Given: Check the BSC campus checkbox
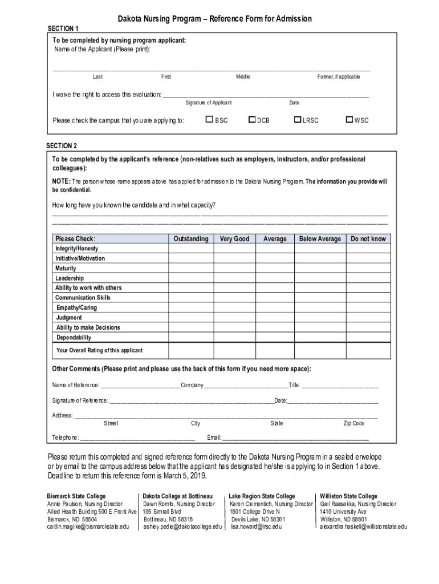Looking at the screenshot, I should click(209, 120).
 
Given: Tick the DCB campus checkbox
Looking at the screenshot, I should click(252, 120).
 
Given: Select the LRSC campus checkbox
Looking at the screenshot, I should click(297, 120).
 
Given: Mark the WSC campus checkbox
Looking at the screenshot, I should click(350, 120).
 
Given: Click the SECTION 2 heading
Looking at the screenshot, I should click(62, 146).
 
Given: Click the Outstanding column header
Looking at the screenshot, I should click(191, 239).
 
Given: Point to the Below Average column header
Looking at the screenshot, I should click(320, 239).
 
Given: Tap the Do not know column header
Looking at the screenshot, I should click(368, 239).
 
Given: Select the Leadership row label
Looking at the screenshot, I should click(70, 278).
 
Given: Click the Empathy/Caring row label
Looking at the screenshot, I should click(76, 308).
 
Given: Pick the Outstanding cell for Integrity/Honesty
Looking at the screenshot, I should click(191, 249).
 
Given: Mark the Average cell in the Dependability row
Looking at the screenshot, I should click(275, 338).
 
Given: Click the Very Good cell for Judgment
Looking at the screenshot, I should click(234, 318).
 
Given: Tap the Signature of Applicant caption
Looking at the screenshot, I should click(209, 103).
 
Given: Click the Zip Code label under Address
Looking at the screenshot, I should click(353, 424).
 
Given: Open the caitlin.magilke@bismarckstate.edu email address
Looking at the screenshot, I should click(88, 527).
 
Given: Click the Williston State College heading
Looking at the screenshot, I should click(348, 496).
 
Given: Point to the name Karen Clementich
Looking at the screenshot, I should click(251, 504).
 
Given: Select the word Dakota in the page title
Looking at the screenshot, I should click(131, 19).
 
